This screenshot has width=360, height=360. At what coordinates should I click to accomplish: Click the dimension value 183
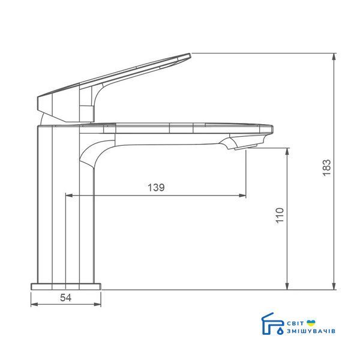(327, 167)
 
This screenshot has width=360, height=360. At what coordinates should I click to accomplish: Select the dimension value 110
(280, 215)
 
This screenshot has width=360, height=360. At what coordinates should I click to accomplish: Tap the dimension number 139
(156, 188)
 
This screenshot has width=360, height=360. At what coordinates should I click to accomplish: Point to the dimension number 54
(65, 298)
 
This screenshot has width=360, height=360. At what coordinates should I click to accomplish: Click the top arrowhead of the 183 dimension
(334, 56)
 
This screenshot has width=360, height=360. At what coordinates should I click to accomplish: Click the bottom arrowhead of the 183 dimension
(334, 286)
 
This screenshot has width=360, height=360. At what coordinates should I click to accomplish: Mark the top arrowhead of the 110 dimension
(287, 152)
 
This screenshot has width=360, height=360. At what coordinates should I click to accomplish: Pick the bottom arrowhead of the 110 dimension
(287, 286)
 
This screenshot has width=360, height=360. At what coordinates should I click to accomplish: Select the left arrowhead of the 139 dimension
(69, 196)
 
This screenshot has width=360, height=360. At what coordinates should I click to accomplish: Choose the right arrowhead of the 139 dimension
(242, 196)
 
